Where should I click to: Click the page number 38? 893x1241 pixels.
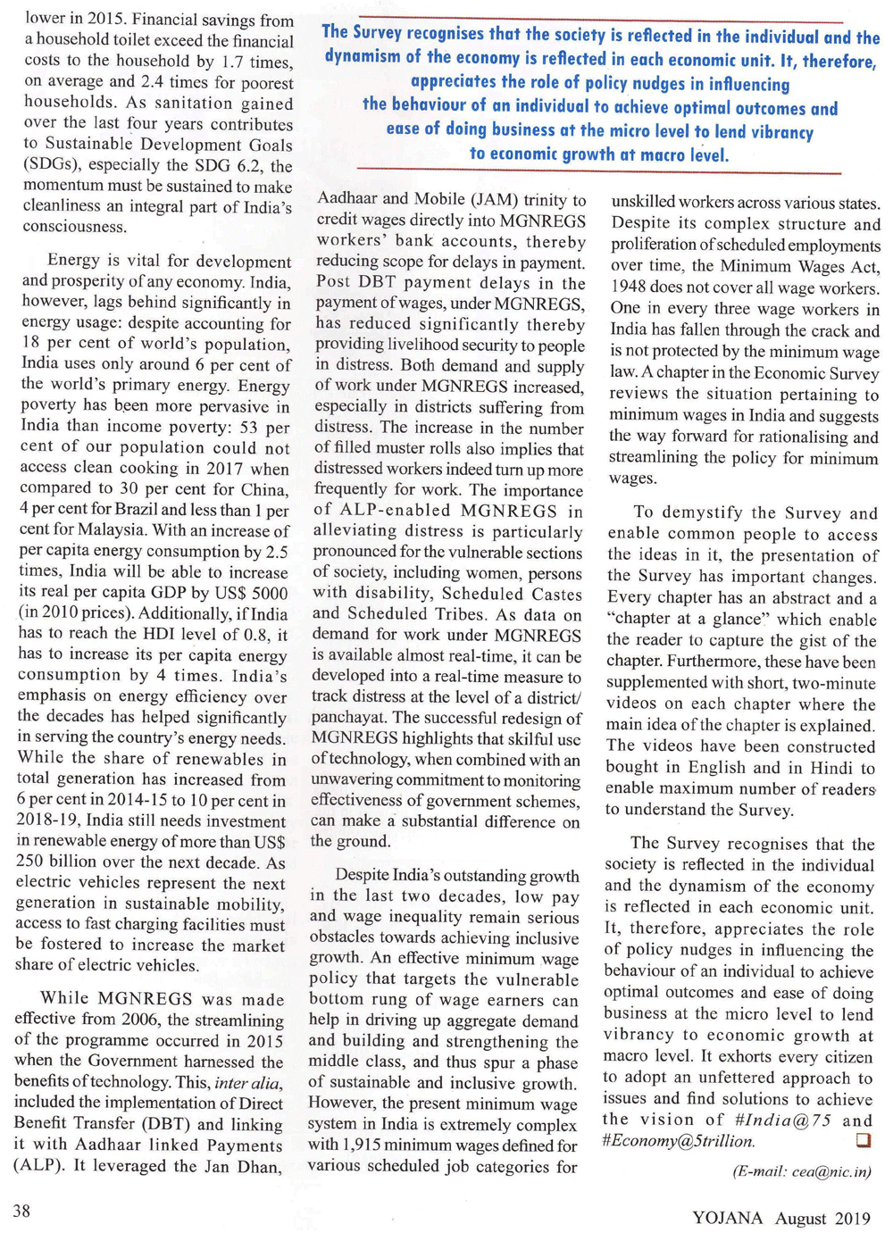pos(21,1211)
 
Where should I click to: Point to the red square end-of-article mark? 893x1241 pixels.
pos(863,1140)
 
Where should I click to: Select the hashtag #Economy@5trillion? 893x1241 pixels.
pos(679,1141)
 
